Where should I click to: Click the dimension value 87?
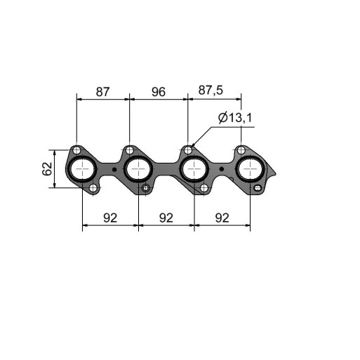click(x=102, y=92)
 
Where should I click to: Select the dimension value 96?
click(x=159, y=92)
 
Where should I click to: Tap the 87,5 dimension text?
click(x=211, y=91)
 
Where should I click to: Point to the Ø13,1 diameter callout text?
click(x=235, y=118)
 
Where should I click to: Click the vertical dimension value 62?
click(x=47, y=168)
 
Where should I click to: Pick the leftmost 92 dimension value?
click(x=110, y=218)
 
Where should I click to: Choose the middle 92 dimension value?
click(x=166, y=218)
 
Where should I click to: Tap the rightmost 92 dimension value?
click(x=222, y=218)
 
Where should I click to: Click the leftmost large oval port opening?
click(x=83, y=169)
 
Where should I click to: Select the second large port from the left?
click(x=139, y=169)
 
